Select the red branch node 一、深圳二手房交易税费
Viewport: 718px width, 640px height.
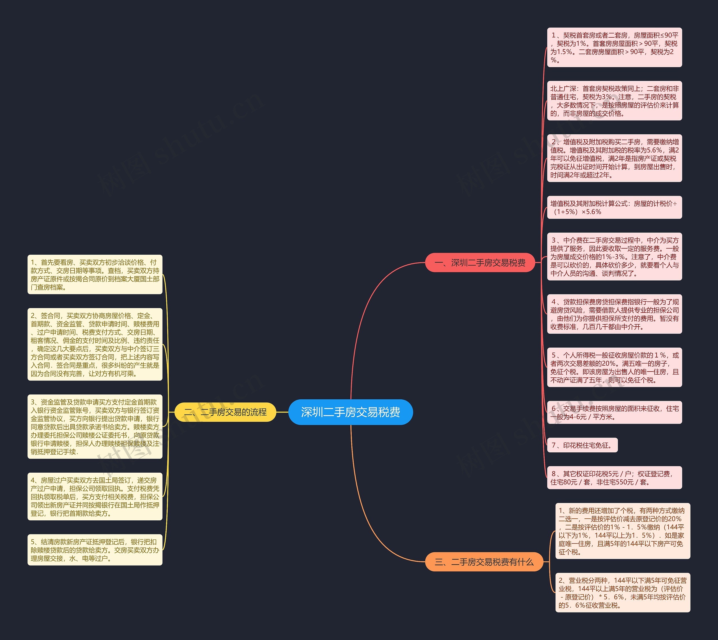click(x=480, y=263)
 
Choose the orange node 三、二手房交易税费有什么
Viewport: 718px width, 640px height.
click(x=484, y=562)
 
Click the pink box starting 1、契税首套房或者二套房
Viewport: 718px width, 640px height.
click(x=615, y=47)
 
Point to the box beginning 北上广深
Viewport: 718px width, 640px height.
click(x=615, y=101)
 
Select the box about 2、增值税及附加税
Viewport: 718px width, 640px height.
click(x=615, y=158)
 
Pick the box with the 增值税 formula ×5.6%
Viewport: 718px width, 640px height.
click(x=615, y=208)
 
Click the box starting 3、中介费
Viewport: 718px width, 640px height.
click(x=615, y=257)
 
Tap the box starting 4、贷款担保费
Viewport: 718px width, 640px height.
click(x=615, y=314)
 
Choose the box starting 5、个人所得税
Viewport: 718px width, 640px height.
click(x=615, y=368)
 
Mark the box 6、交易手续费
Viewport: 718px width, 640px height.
click(x=615, y=413)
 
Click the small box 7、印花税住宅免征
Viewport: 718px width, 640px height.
click(x=582, y=445)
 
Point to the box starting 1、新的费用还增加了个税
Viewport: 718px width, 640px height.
click(x=622, y=531)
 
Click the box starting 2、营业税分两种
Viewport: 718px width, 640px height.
click(x=622, y=593)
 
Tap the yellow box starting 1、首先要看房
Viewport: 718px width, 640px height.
click(x=95, y=275)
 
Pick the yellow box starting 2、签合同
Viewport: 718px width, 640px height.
click(x=95, y=344)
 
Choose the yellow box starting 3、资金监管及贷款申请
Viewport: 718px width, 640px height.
click(x=95, y=427)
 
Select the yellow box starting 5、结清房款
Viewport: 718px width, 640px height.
click(x=95, y=550)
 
